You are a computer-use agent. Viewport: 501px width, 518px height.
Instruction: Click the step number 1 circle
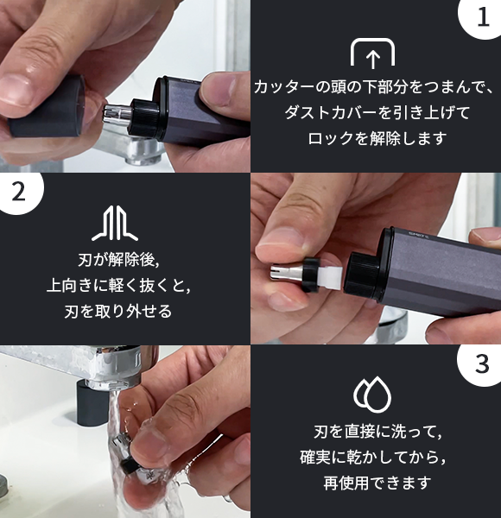pyautogui.click(x=482, y=17)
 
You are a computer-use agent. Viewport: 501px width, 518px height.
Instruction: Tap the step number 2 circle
pyautogui.click(x=19, y=192)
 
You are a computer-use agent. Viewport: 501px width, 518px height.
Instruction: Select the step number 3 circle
pyautogui.click(x=481, y=364)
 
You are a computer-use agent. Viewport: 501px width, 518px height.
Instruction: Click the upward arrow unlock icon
pyautogui.click(x=372, y=53)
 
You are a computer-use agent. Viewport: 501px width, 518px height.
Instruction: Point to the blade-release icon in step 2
pyautogui.click(x=115, y=223)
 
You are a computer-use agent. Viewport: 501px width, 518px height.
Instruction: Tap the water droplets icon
pyautogui.click(x=372, y=395)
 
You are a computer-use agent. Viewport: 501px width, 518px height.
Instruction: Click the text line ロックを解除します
pyautogui.click(x=377, y=138)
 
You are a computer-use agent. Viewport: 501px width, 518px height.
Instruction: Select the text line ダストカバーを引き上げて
pyautogui.click(x=377, y=112)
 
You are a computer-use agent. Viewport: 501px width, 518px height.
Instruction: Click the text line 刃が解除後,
pyautogui.click(x=119, y=259)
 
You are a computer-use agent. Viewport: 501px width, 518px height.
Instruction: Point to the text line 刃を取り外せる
pyautogui.click(x=118, y=311)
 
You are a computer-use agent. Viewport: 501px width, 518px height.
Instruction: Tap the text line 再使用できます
pyautogui.click(x=377, y=483)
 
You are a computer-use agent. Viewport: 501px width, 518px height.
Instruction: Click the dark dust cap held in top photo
pyautogui.click(x=48, y=107)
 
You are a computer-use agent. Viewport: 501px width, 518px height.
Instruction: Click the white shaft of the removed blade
pyautogui.click(x=331, y=277)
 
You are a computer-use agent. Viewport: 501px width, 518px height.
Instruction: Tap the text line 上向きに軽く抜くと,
pyautogui.click(x=118, y=285)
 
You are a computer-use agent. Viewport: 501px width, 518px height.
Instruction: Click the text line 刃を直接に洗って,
pyautogui.click(x=377, y=432)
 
